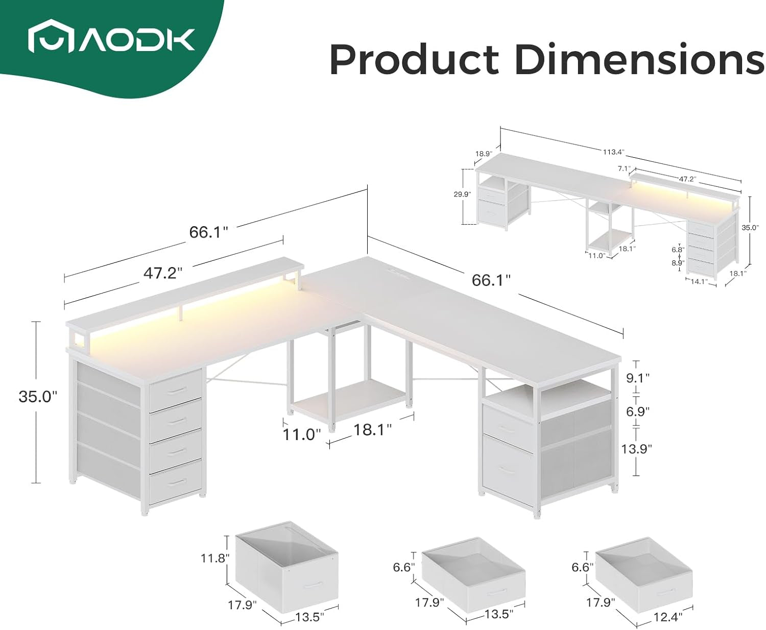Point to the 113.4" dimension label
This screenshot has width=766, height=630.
[613, 152]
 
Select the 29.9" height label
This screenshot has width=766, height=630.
[462, 195]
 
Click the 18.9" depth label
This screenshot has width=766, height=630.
[484, 154]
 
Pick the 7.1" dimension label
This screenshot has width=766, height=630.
[624, 168]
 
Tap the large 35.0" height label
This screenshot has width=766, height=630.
[38, 397]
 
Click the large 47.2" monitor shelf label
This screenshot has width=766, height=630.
[163, 273]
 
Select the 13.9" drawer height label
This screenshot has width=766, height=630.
[636, 449]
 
